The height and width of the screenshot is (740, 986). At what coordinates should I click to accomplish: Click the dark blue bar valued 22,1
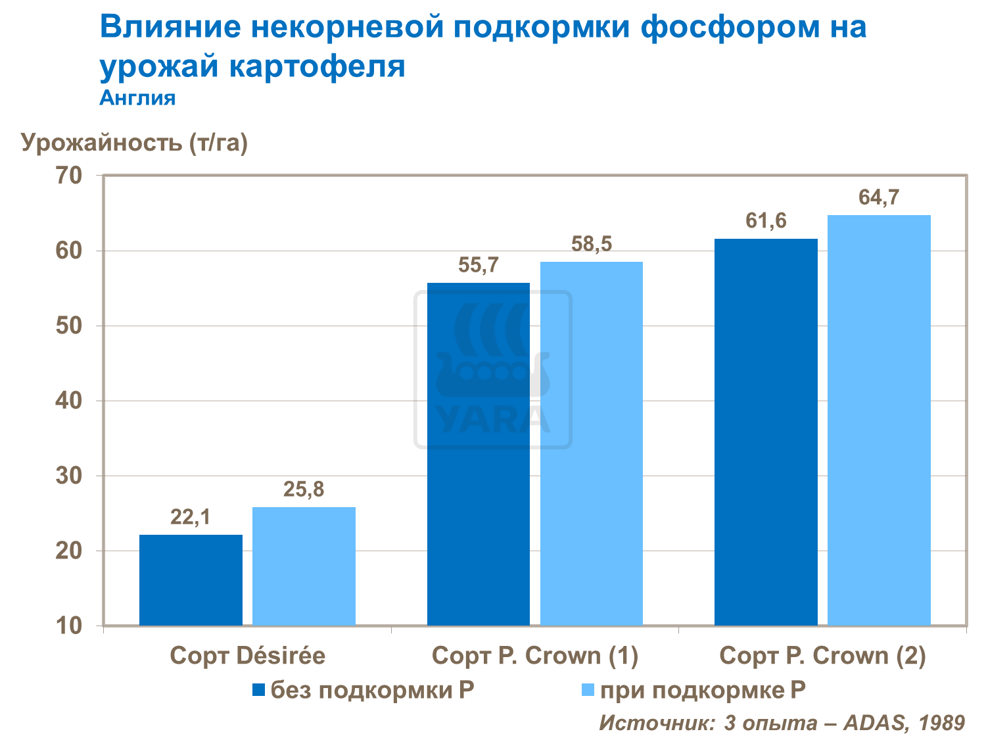[x=191, y=580]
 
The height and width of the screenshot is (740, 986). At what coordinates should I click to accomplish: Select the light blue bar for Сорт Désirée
[x=304, y=566]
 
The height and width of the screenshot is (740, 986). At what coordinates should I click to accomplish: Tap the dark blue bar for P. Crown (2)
[x=766, y=432]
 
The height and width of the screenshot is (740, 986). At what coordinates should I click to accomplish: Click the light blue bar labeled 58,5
[x=591, y=443]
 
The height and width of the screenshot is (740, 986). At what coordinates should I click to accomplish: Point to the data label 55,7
[x=479, y=265]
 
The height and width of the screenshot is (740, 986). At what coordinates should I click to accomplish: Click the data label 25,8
[x=304, y=489]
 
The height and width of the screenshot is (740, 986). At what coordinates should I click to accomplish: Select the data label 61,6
[x=766, y=221]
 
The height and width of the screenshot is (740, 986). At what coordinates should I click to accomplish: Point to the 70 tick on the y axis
[x=69, y=176]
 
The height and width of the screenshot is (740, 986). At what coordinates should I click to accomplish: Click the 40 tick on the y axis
[x=69, y=401]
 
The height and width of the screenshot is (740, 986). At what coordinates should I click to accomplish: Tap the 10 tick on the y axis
[x=69, y=626]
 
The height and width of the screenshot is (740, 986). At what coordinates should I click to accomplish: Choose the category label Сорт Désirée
[x=247, y=656]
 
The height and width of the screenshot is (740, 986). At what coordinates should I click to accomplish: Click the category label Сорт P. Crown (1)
[x=535, y=656]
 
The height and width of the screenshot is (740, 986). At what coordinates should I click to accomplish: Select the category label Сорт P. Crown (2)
[x=822, y=656]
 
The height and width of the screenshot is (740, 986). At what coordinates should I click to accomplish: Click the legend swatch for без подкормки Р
[x=258, y=690]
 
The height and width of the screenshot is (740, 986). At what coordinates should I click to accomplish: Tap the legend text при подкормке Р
[x=703, y=690]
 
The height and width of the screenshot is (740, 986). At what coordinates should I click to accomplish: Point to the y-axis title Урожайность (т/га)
[x=134, y=142]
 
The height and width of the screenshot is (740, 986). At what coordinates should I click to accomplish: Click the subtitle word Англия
[x=137, y=98]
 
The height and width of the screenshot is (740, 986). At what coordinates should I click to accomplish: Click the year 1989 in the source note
[x=941, y=723]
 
